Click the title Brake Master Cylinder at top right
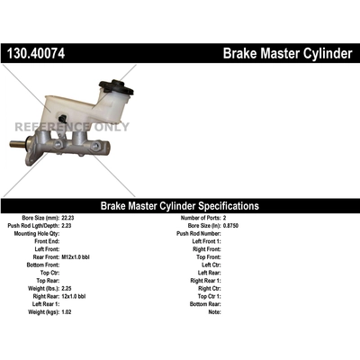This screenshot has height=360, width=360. click(287, 55)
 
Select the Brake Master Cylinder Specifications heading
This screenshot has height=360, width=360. click(179, 206)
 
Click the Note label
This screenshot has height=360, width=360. click(214, 312)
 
